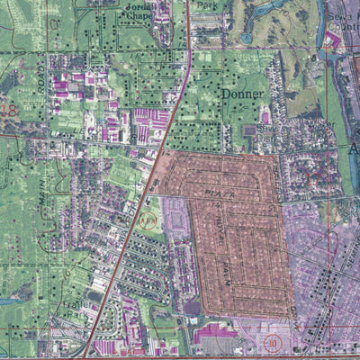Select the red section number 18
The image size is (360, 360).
pyautogui.click(x=10, y=111)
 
